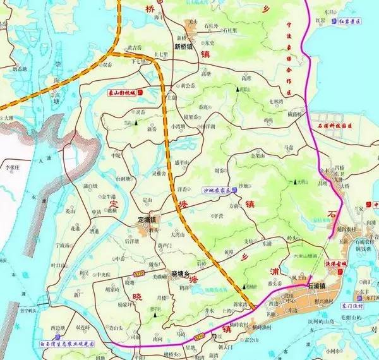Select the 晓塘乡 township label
point(184,273)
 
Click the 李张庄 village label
point(13,169)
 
